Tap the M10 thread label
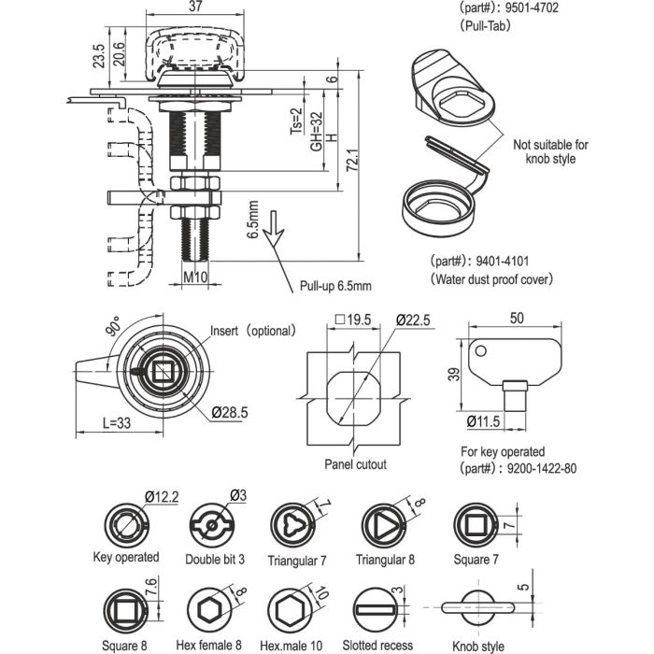tap(195, 277)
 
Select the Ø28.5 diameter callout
tap(230, 413)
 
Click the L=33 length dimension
tap(117, 423)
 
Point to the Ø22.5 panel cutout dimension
tap(413, 320)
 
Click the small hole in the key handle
tap(480, 350)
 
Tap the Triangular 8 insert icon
tap(384, 525)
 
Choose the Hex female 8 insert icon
tap(209, 610)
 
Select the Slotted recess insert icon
tap(376, 610)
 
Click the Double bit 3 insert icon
tap(212, 525)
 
